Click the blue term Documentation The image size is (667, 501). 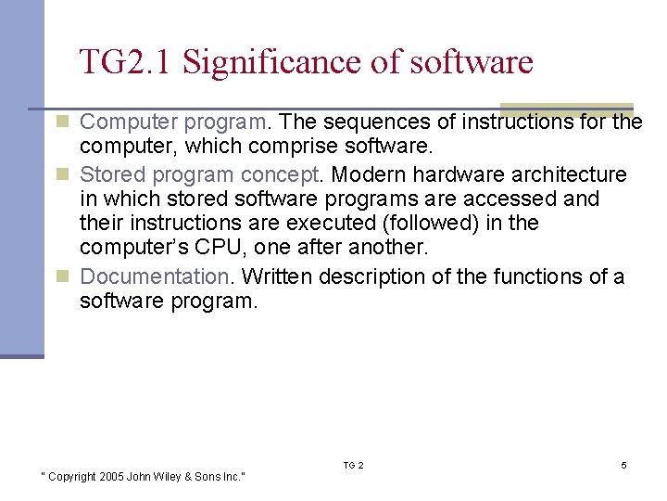click(x=154, y=276)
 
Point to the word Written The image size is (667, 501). click(x=276, y=276)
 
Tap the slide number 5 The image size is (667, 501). click(x=623, y=465)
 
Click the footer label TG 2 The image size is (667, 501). click(x=353, y=465)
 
